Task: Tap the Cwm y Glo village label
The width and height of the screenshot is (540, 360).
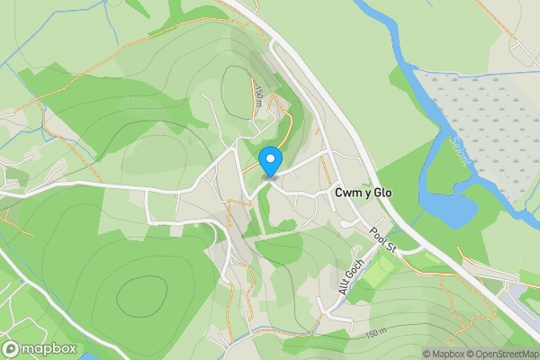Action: point(363,193)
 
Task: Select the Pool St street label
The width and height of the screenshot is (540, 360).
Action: point(382,241)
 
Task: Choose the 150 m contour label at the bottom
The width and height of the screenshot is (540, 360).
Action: point(378,335)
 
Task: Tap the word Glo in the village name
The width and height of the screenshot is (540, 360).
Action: point(382,193)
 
